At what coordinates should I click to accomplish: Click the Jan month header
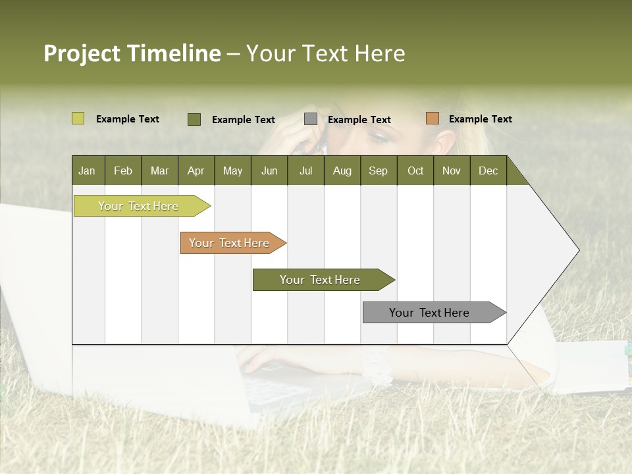coord(87,171)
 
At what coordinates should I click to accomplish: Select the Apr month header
coord(196,171)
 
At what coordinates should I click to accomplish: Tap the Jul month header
coord(305,171)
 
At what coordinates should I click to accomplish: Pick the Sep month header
coord(378,171)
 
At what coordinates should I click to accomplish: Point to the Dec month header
coord(488,171)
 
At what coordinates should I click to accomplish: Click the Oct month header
coord(415,171)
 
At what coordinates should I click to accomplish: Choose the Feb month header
coord(123,171)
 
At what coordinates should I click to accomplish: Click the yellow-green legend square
coord(78,118)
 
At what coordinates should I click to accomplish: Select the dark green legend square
coord(194,119)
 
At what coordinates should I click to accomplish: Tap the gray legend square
coord(311,119)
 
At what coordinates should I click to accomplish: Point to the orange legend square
coord(432,118)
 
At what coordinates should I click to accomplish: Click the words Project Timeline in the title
coord(132,53)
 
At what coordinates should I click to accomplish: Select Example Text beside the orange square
coord(480,119)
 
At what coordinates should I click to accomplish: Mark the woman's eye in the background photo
coord(379,137)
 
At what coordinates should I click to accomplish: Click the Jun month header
coord(269,171)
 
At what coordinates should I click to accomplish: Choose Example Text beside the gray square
coord(359,120)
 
